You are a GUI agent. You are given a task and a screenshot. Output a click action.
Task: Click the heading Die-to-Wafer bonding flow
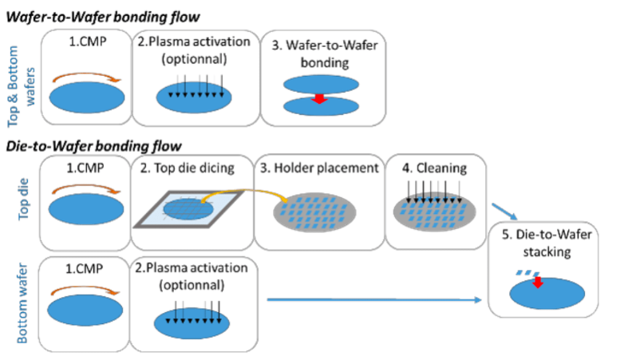[x=95, y=145]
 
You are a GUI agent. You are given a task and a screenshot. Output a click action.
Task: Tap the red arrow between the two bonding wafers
[x=318, y=97]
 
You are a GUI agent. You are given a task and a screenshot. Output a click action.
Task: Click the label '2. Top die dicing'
[x=192, y=169]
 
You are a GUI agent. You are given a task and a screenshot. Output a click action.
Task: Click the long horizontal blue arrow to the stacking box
[x=375, y=300]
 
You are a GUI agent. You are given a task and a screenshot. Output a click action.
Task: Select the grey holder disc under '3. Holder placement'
[x=318, y=215]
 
